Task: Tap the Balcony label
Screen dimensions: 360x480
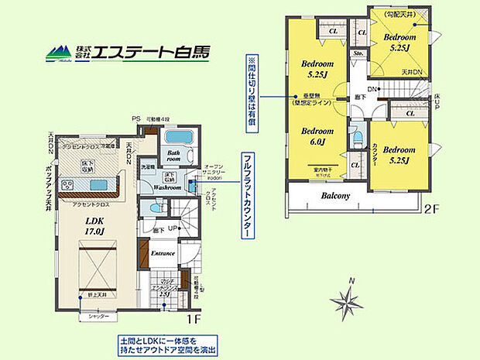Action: pos(336,196)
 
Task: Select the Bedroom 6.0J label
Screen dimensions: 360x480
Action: pos(317,136)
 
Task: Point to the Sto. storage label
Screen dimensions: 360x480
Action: pos(358,54)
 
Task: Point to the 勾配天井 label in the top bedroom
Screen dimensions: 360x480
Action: pos(393,14)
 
